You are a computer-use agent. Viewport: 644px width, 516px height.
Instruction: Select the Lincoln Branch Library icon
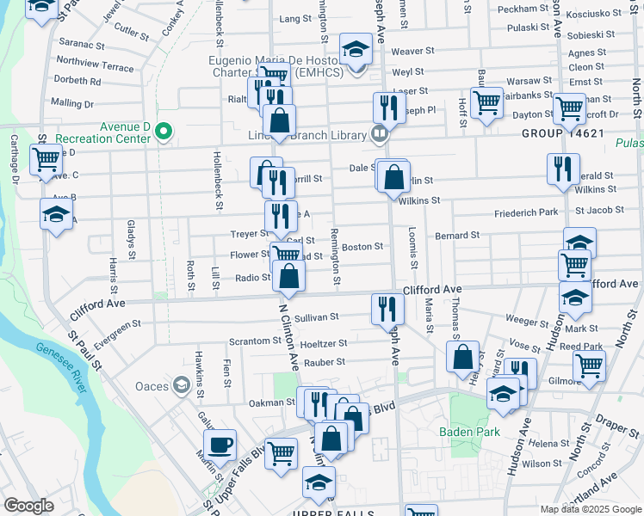(378, 132)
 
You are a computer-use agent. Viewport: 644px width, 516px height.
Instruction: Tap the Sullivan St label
(317, 317)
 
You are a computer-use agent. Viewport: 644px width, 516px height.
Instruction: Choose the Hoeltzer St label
(324, 342)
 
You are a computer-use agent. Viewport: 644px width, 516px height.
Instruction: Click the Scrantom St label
(251, 341)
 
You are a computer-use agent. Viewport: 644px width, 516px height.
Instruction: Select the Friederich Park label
(526, 212)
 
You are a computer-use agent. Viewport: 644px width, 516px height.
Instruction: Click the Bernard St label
(457, 235)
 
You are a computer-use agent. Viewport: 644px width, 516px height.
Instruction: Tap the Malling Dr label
(71, 103)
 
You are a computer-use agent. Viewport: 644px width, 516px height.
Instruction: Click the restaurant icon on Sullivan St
(387, 309)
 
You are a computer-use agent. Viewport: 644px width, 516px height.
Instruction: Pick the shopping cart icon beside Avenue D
(46, 160)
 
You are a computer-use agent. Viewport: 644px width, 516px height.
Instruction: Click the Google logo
(29, 506)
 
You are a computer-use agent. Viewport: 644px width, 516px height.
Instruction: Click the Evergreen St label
(117, 333)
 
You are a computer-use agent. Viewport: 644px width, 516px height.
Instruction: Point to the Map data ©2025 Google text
(590, 508)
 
